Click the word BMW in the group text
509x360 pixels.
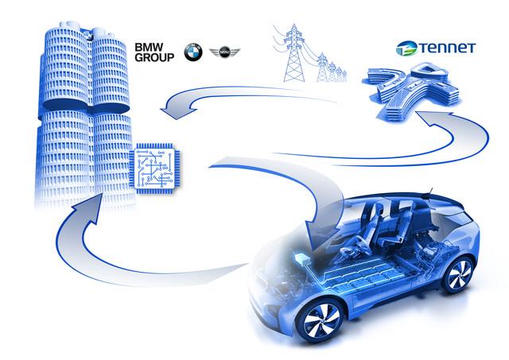click(149, 48)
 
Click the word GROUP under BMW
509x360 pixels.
click(154, 57)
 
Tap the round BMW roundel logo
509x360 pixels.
click(193, 52)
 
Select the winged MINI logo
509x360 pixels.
click(224, 52)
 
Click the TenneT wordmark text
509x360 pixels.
click(447, 48)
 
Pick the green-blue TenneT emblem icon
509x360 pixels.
click(406, 48)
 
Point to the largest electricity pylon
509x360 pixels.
click(294, 53)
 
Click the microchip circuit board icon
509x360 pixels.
click(155, 168)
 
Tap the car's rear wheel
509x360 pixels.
click(459, 274)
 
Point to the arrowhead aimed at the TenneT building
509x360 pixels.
click(433, 119)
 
